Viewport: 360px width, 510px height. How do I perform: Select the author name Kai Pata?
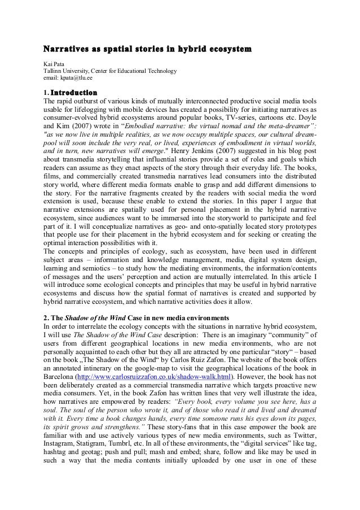point(55,64)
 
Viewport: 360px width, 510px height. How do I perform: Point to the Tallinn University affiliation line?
point(111,72)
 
